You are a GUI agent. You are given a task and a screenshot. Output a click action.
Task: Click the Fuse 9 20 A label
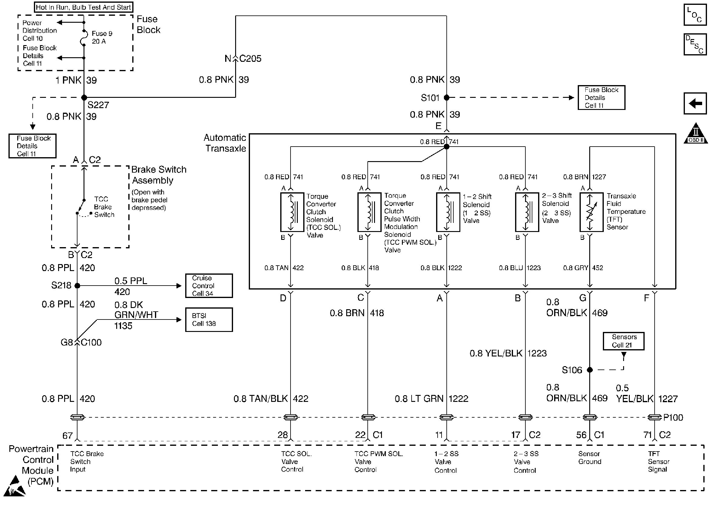coord(102,37)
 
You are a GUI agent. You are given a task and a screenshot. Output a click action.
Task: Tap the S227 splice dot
coord(84,98)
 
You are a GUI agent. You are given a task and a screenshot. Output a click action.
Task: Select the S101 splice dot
coord(447,98)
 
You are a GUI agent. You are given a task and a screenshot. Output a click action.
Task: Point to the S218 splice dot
coord(77,286)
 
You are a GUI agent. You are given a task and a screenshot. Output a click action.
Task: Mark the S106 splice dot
coord(590,370)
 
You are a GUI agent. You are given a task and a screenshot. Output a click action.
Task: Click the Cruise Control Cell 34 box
coord(209,286)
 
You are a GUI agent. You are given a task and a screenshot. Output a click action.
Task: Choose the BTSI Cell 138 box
coord(209,320)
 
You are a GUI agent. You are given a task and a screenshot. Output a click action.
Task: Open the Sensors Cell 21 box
coord(624,341)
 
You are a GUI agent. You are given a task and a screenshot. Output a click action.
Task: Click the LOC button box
coord(695,15)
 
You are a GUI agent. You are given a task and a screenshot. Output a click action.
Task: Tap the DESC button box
coord(695,45)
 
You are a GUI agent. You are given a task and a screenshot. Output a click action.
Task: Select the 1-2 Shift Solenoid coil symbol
coord(448,212)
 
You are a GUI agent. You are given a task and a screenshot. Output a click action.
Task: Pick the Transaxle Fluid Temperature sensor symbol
coord(591,212)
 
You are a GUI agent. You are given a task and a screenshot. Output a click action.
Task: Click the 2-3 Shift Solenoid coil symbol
coord(527,212)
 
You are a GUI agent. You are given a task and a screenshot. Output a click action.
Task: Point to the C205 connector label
coord(250,58)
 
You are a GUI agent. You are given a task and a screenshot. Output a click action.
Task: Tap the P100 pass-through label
coord(673,418)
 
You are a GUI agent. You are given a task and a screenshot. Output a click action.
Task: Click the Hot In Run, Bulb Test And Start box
coord(83,7)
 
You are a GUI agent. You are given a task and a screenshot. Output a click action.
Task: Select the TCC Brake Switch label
coord(104,207)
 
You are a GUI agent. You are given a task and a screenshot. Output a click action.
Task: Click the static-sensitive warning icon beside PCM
coord(15,486)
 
